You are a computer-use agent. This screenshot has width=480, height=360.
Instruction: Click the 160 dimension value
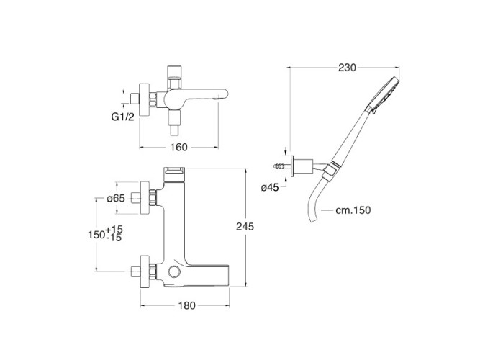coord(178,148)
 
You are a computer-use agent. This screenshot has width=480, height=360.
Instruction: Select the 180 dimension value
coord(186,305)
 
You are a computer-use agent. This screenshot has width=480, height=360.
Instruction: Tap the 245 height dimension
coord(245,226)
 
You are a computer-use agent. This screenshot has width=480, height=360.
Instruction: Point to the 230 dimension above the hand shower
coord(347,68)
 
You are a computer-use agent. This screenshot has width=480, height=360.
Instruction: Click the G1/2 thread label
coord(123,117)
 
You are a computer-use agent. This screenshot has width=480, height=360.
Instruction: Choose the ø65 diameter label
coord(116,199)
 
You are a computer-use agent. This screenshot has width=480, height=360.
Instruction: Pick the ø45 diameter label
coord(270,187)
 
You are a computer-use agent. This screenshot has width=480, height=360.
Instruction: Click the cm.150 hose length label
coord(353,210)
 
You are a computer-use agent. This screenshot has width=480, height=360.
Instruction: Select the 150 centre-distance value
coord(96,235)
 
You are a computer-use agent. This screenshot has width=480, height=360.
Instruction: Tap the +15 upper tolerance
coord(114,229)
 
